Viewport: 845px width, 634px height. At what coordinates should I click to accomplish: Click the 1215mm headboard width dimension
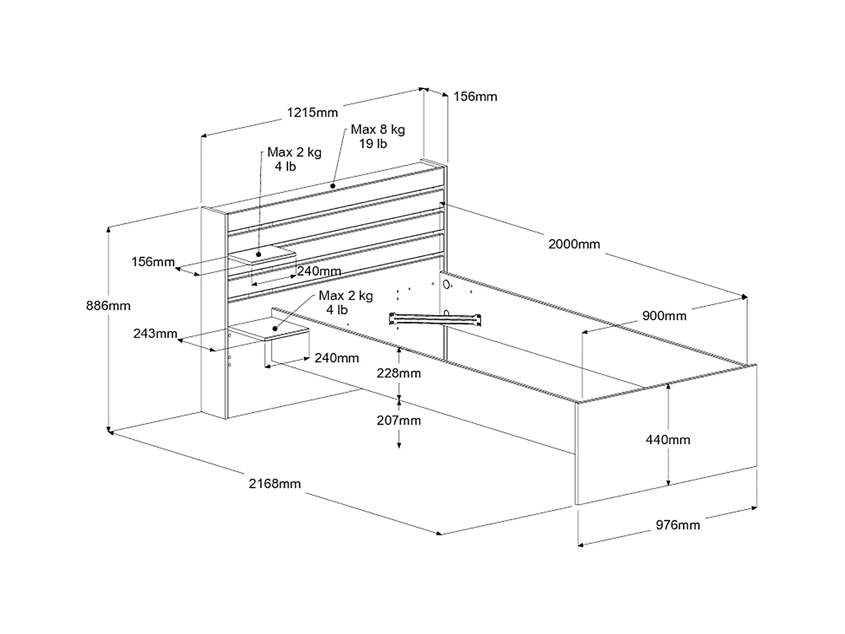pos(312,113)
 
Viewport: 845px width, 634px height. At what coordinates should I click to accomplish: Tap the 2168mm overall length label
pos(274,484)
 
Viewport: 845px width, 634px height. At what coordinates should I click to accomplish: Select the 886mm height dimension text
pos(108,306)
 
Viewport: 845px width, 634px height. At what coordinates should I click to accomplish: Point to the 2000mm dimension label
pos(574,244)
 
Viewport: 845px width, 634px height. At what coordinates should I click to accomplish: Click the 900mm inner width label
pos(664,316)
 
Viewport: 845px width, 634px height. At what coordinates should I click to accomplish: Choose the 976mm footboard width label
pos(678,525)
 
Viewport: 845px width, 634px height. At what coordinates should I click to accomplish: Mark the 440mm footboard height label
pos(668,440)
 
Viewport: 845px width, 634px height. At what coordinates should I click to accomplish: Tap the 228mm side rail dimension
pos(399,373)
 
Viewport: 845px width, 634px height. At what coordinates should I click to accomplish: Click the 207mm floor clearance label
pos(399,421)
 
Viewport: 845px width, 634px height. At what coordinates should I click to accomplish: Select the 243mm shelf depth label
pos(155,334)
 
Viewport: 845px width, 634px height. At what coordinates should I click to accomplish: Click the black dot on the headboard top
pos(333,186)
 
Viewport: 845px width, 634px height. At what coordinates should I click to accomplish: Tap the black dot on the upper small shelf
pos(259,254)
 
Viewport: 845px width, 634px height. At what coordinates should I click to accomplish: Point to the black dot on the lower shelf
pos(275,329)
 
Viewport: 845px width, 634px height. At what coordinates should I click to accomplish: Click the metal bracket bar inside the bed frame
pos(435,319)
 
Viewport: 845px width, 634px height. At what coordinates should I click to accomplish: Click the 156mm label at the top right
pos(475,97)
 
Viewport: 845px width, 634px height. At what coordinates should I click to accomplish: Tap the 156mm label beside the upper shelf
pos(153,262)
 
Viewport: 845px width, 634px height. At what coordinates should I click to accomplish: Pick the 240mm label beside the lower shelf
pos(336,358)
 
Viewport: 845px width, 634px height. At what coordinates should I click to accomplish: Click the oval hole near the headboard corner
pos(446,285)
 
